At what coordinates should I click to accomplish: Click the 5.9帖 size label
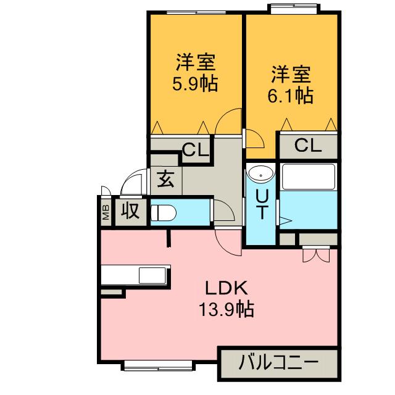[195, 84]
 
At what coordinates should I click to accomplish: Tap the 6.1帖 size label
[290, 96]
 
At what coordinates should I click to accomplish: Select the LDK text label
[227, 288]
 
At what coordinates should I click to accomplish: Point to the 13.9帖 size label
[227, 309]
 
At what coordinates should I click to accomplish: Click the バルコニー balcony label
[278, 362]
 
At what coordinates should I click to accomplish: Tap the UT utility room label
[262, 204]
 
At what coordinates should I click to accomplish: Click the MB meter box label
[106, 212]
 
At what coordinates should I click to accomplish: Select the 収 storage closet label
[130, 211]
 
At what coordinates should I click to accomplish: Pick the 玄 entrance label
[166, 179]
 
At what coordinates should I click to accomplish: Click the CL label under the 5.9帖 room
[196, 150]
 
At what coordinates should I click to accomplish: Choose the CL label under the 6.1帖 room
[308, 146]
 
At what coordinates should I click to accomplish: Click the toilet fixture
[163, 213]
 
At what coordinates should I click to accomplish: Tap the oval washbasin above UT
[260, 174]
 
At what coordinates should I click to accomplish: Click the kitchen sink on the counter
[152, 275]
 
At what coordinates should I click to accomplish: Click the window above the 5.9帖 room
[196, 12]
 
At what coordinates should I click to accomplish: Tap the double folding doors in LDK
[316, 255]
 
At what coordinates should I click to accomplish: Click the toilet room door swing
[224, 211]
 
